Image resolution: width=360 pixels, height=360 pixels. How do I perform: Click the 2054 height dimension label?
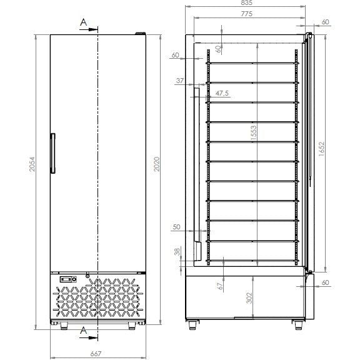tap(32, 164)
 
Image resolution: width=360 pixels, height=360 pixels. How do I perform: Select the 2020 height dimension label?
tap(157, 164)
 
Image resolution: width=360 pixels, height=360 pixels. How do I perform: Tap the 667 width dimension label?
tap(96, 354)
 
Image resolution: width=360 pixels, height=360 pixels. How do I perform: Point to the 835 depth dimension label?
tap(247, 2)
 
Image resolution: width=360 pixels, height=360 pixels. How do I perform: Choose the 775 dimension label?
tap(247, 14)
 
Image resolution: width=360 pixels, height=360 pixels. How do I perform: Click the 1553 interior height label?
tap(254, 133)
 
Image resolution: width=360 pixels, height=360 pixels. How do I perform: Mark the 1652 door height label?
tap(322, 149)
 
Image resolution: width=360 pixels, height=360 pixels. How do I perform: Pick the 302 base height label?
tap(249, 297)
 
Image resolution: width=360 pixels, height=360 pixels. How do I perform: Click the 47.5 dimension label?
tap(222, 93)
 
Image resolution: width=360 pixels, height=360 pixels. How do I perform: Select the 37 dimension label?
tap(180, 81)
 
